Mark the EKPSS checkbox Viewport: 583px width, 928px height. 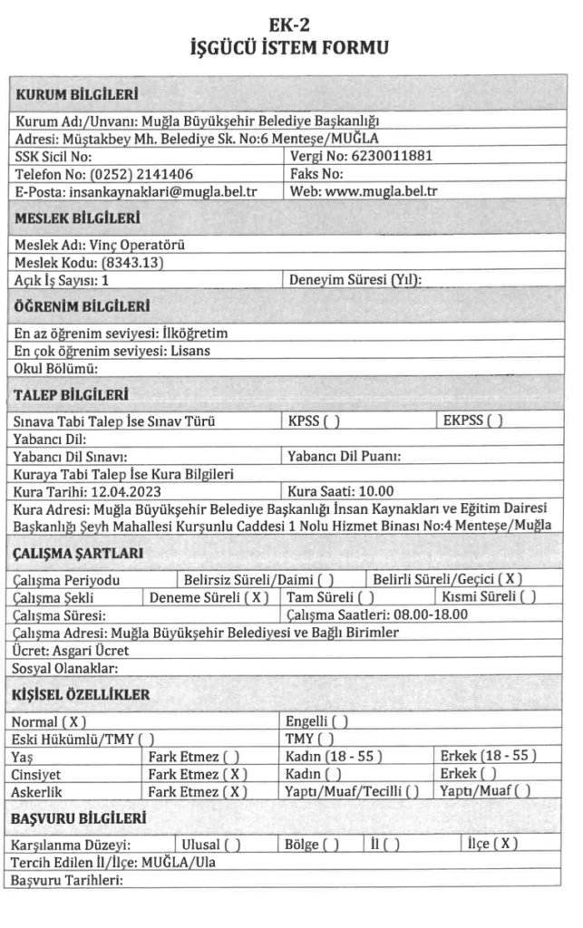click(x=494, y=420)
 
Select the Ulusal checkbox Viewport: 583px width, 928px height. click(x=231, y=845)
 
